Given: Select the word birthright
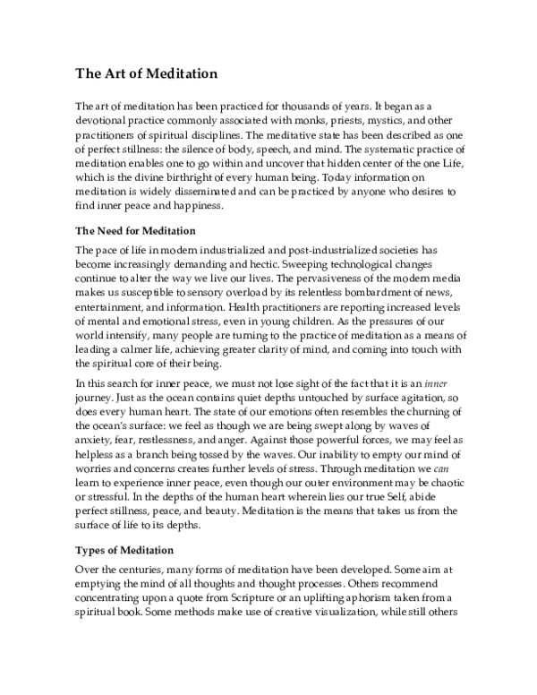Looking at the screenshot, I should [193, 173].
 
